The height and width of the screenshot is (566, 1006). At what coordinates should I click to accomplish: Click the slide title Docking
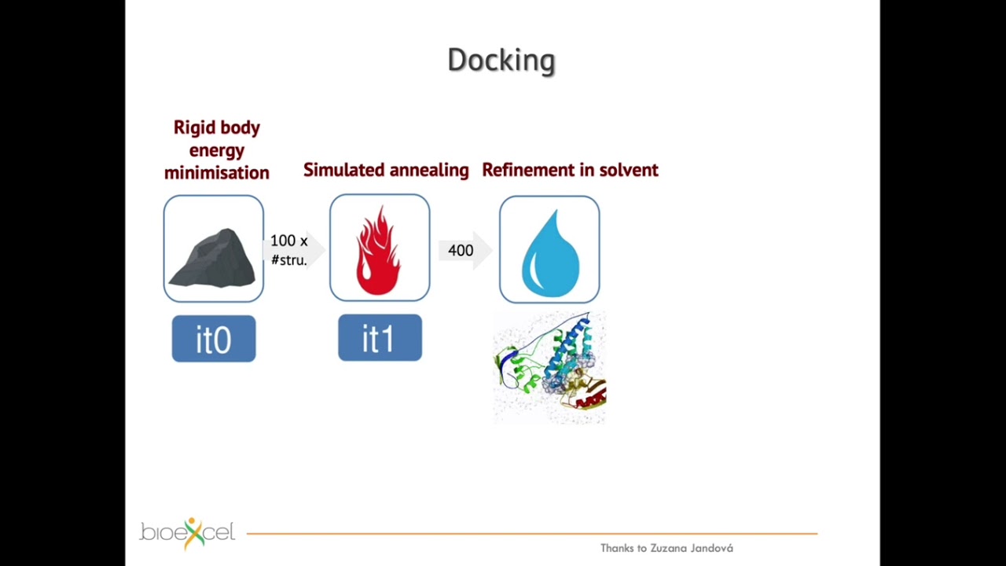coord(501,60)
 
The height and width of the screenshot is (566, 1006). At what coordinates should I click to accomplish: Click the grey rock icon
coord(213,257)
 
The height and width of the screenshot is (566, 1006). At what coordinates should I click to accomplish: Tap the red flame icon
coord(379,250)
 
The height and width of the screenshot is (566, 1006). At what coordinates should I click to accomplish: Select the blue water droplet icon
coord(549,251)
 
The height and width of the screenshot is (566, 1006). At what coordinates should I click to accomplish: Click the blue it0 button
coord(214,339)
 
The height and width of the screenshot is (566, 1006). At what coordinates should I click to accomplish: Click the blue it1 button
coord(380,338)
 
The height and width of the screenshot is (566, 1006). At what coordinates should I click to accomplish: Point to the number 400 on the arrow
coord(461,251)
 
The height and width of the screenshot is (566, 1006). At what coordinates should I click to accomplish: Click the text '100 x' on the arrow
coord(288,241)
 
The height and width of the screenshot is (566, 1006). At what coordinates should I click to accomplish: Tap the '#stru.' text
coord(288,260)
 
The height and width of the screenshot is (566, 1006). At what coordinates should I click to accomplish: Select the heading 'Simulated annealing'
coord(386,170)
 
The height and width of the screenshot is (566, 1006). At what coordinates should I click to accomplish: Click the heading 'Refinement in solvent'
coord(570,170)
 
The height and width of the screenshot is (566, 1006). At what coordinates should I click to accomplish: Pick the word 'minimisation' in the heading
coord(216,172)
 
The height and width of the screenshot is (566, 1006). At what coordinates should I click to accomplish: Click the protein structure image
coord(549,368)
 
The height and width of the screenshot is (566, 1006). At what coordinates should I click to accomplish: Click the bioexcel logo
coord(187,533)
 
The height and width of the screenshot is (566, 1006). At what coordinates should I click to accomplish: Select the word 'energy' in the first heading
coord(216,150)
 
